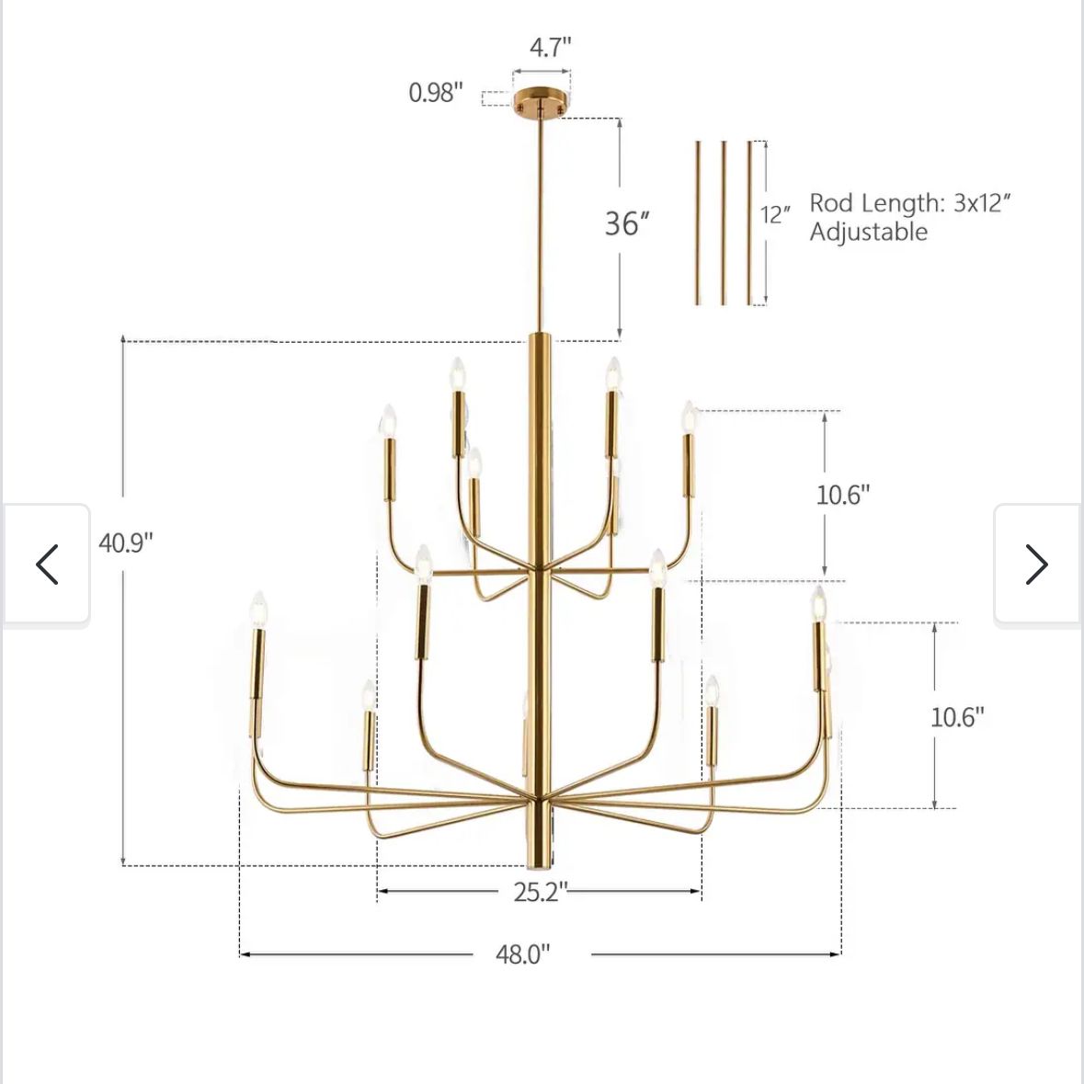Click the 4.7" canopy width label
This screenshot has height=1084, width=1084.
(551, 48)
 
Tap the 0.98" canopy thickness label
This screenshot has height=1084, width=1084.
(436, 92)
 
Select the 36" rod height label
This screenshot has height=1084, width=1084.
(627, 223)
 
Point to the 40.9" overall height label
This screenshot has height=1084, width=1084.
(126, 542)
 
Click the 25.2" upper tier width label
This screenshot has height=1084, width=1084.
(541, 892)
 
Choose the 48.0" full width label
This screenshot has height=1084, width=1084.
(522, 954)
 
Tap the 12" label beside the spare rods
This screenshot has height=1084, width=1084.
(776, 214)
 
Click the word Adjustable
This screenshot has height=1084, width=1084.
(868, 232)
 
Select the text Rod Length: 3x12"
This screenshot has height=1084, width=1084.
(910, 202)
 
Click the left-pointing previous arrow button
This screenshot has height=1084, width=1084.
(46, 565)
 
